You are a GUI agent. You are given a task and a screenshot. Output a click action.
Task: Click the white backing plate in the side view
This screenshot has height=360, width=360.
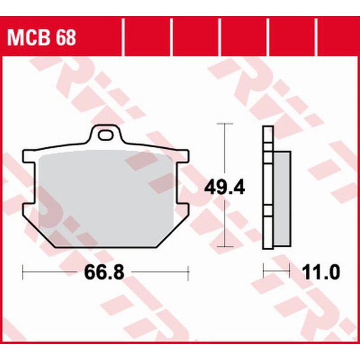tap(268, 189)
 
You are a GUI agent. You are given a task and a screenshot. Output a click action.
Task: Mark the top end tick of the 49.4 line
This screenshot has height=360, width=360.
tap(226, 123)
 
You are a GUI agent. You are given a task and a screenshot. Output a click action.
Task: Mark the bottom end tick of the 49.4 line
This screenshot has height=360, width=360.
tap(226, 247)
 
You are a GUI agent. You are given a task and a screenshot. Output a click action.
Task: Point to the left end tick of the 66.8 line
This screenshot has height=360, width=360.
tap(23, 272)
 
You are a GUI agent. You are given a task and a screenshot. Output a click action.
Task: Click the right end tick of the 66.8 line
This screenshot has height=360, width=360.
tap(188, 272)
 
